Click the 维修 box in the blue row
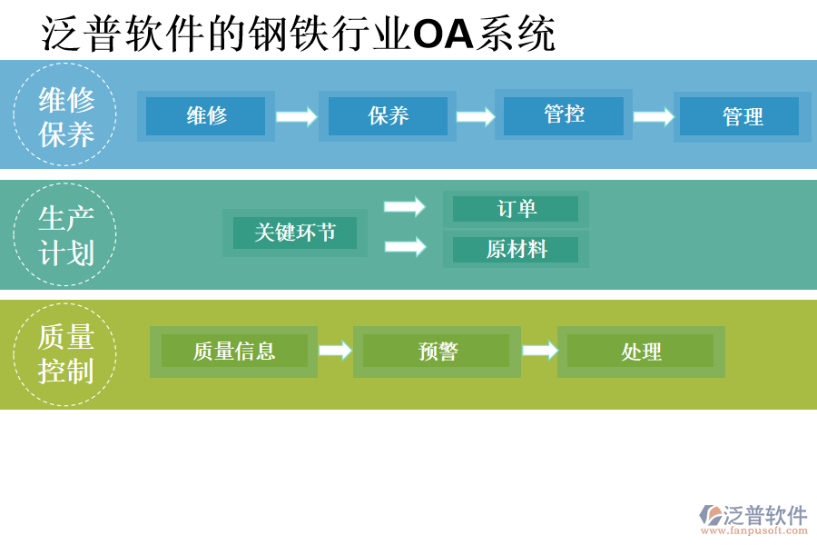[x=206, y=116]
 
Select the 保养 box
[x=388, y=116]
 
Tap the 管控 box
[x=564, y=114]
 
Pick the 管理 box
[x=742, y=117]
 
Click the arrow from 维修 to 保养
[x=296, y=116]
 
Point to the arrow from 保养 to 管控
[x=476, y=116]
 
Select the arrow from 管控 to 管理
[x=654, y=116]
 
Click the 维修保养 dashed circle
[x=65, y=114]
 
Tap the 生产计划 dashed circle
[x=65, y=234]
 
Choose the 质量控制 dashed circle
[x=65, y=354]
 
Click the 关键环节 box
[x=295, y=233]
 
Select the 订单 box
[x=516, y=209]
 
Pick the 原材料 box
[x=516, y=250]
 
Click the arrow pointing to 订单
[x=404, y=207]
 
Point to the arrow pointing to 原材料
[x=404, y=246]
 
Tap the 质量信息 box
[x=234, y=352]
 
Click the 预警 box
[x=437, y=352]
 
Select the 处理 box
[x=641, y=352]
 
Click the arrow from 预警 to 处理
[x=540, y=351]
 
